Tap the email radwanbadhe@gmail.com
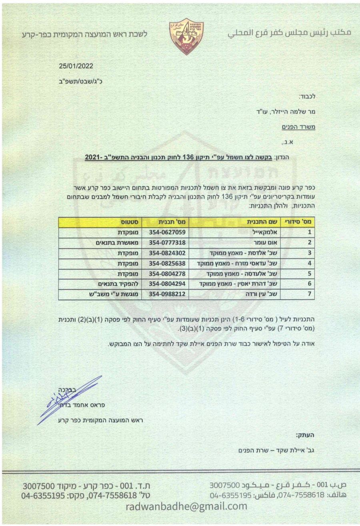(187, 506)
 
